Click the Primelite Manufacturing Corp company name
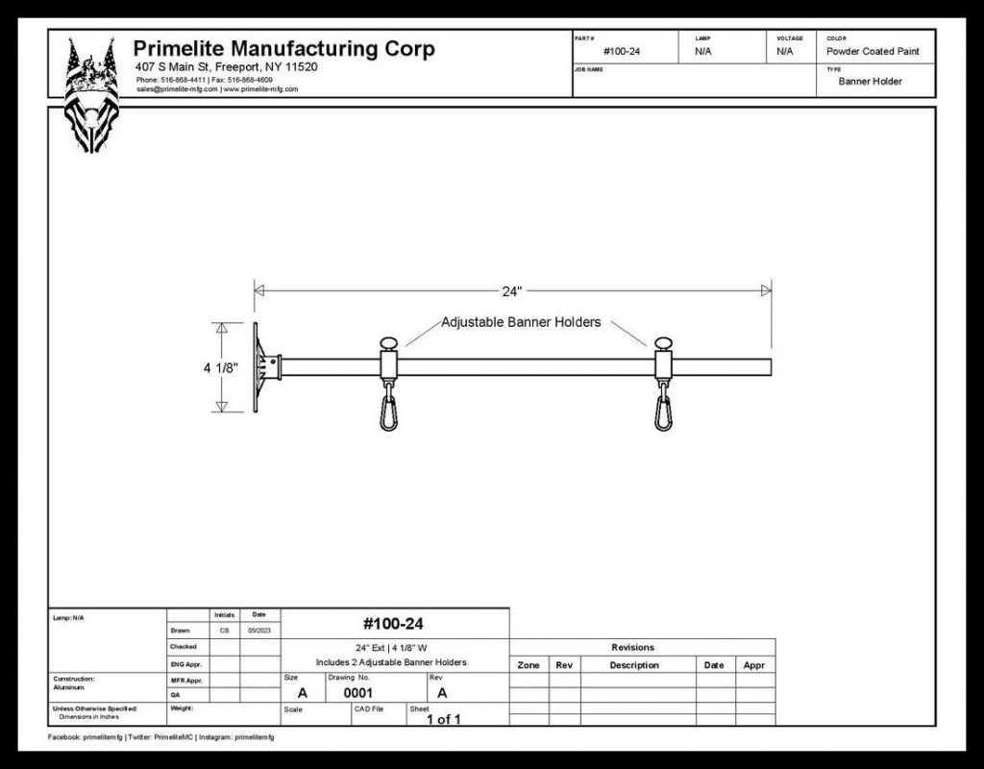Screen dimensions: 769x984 (x=283, y=49)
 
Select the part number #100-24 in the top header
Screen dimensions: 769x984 (x=622, y=51)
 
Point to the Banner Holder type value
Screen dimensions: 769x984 (x=870, y=82)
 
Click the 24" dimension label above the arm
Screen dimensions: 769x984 (x=511, y=290)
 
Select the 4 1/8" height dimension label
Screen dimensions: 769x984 (x=219, y=367)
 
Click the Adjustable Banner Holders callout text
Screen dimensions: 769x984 (x=521, y=322)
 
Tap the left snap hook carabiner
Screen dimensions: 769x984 (x=388, y=410)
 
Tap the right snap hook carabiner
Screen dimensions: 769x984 (x=663, y=410)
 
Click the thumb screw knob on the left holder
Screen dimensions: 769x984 (x=388, y=342)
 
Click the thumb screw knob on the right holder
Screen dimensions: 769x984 (x=663, y=342)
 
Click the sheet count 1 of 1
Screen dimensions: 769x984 (x=443, y=719)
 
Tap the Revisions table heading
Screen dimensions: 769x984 (x=632, y=648)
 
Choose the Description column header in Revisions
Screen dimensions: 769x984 (x=633, y=665)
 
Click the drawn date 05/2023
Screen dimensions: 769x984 (x=259, y=632)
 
